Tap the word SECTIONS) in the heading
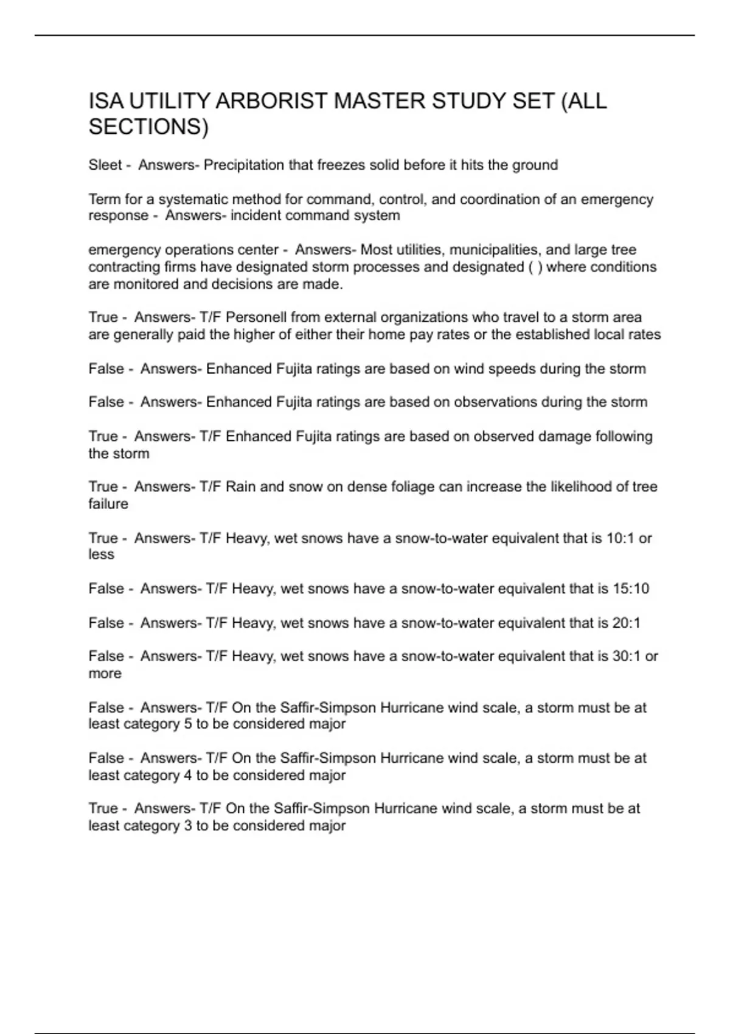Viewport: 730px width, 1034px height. [x=148, y=127]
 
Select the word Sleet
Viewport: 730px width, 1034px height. [x=105, y=165]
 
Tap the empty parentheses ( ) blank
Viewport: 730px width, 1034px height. [x=535, y=267]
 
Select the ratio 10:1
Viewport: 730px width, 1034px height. [x=621, y=538]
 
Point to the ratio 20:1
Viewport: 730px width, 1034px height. [x=627, y=623]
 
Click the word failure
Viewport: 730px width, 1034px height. [x=108, y=504]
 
